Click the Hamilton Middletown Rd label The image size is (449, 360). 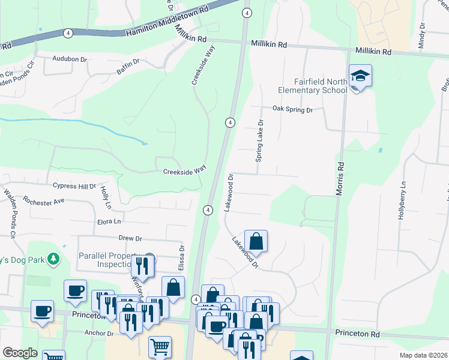click(167, 20)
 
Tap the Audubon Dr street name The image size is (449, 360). click(70, 59)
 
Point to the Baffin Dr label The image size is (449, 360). click(128, 62)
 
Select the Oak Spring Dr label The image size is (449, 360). click(293, 110)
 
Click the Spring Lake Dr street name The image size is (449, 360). click(260, 140)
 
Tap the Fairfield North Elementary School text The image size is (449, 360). click(313, 86)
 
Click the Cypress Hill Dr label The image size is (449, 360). click(74, 186)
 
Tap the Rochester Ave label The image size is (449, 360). click(43, 200)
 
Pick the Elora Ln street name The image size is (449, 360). click(109, 221)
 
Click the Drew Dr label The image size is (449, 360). click(130, 238)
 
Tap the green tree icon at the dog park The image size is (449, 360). click(54, 259)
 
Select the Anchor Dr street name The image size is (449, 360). click(99, 333)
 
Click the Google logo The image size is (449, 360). click(20, 353)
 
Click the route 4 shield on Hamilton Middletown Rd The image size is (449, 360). click(68, 33)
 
